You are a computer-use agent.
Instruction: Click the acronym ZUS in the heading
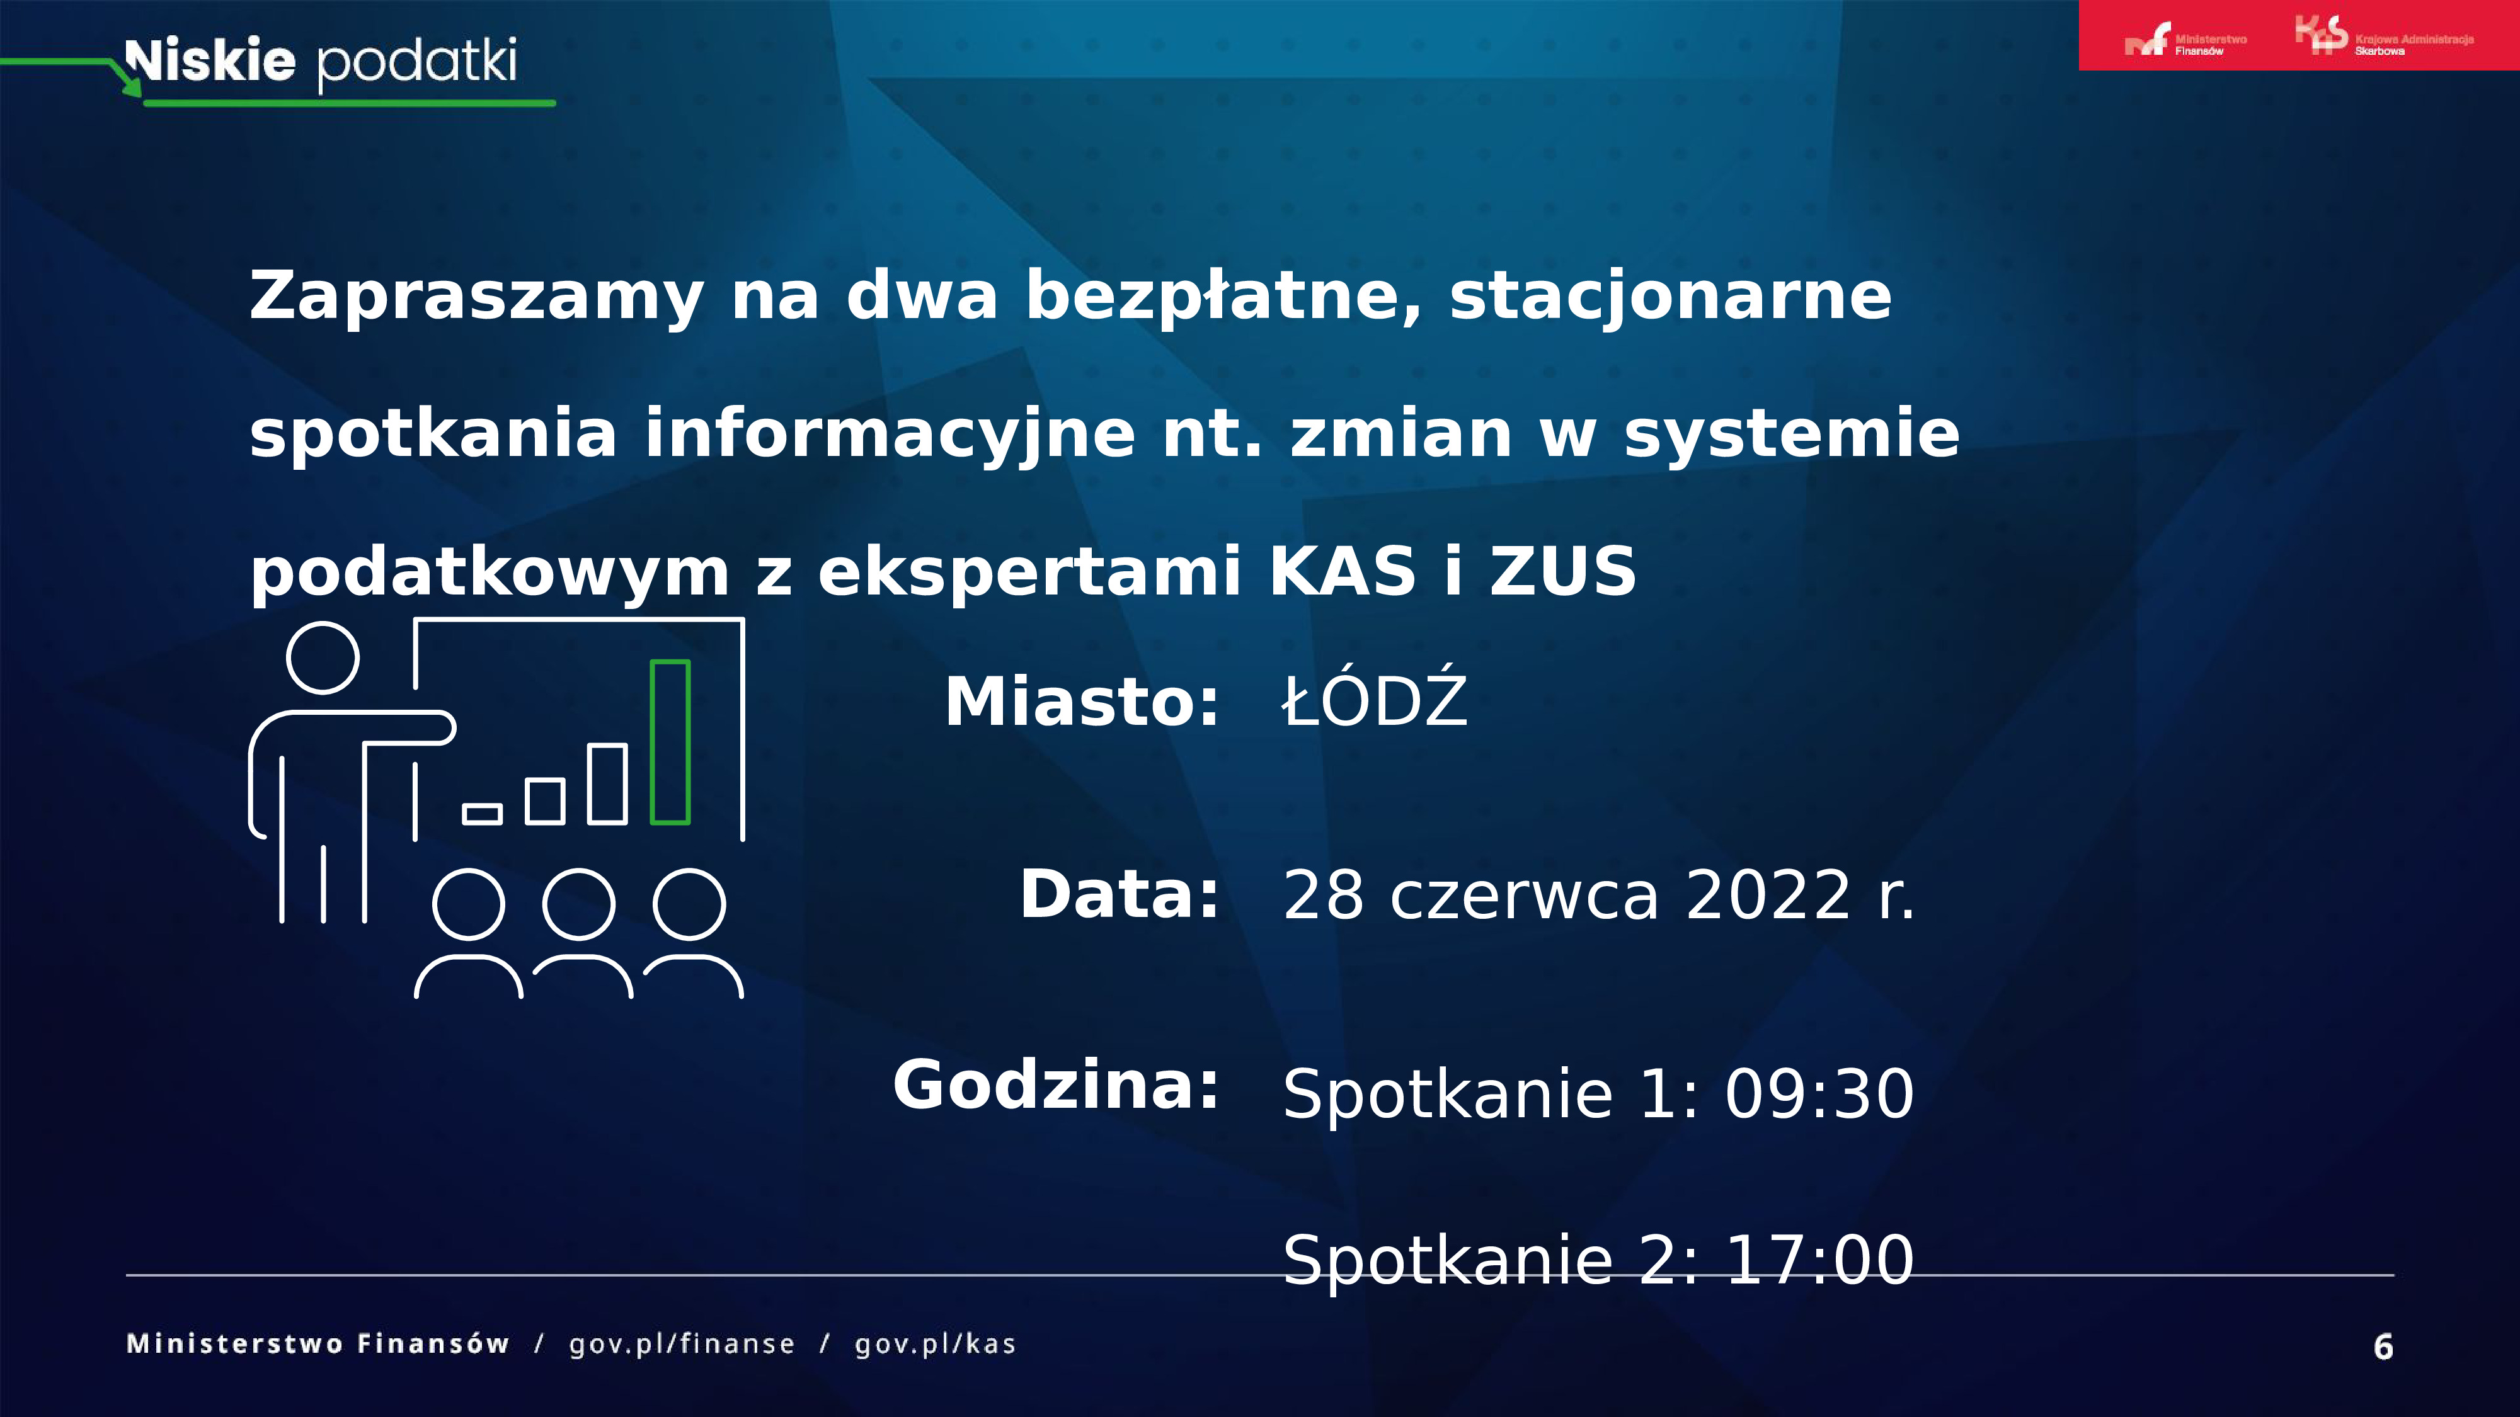coord(1563,572)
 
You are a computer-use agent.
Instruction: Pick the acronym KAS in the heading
coord(1342,572)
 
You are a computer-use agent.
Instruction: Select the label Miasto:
coord(1082,702)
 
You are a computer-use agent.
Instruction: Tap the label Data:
coord(1120,895)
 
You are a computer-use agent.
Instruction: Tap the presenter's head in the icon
coord(323,657)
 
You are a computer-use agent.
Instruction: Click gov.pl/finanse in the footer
coord(682,1345)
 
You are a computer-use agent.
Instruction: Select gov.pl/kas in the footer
coord(935,1345)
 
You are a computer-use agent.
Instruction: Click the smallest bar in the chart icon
coord(483,814)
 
